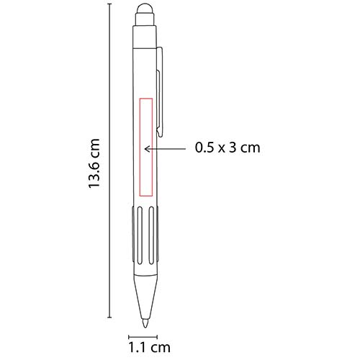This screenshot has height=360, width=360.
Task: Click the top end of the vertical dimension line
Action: pos(109,4)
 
